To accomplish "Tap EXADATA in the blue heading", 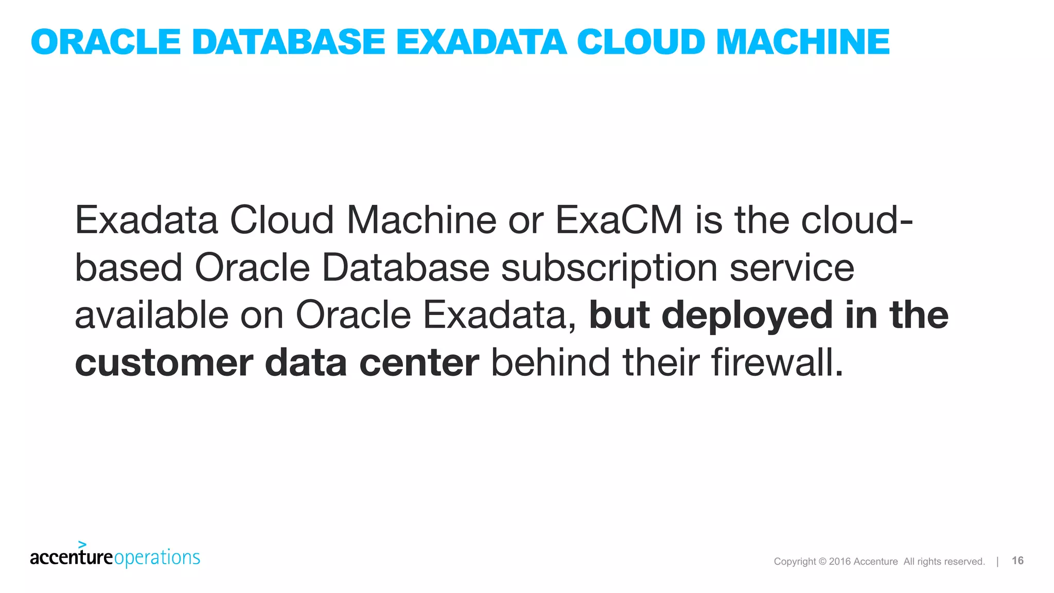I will tap(481, 42).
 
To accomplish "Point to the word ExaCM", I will tap(619, 220).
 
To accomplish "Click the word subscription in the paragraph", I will tap(609, 268).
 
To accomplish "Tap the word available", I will tap(151, 315).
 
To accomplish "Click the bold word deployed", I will tap(747, 315).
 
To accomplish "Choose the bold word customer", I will tap(164, 363).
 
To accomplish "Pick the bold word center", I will tap(419, 363).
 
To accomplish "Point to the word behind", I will tap(550, 362).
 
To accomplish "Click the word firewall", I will tap(777, 362).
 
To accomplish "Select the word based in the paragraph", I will tap(129, 268).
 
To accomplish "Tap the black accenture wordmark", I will tap(71, 557).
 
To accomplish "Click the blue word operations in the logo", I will tap(157, 558).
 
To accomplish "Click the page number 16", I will tap(1017, 561).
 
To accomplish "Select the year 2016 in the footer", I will tap(839, 562).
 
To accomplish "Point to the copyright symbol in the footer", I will tap(822, 562).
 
